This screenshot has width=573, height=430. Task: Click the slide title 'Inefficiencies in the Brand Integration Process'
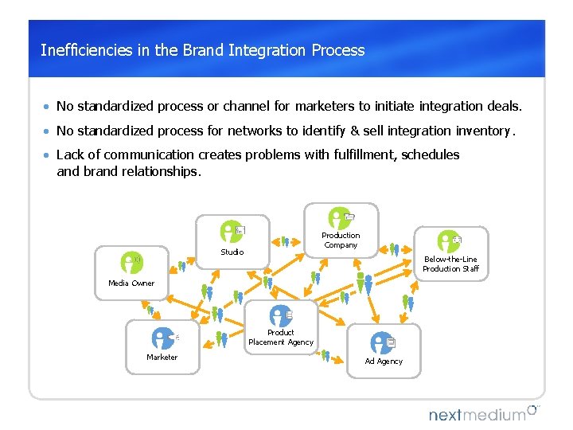[x=202, y=50]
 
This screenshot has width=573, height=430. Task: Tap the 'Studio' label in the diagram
[x=232, y=252]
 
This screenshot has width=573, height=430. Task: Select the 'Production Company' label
[x=341, y=240]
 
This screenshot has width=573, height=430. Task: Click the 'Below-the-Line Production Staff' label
[x=450, y=264]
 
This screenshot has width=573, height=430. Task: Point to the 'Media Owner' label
[x=131, y=283]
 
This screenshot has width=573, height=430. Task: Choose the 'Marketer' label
[x=162, y=358]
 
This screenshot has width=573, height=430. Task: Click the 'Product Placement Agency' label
[x=281, y=338]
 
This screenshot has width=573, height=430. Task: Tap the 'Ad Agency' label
[x=384, y=362]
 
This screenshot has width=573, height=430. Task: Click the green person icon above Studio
[x=231, y=231]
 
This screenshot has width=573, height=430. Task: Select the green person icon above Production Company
[x=340, y=217]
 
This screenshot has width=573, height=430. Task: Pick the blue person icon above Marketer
[x=162, y=338]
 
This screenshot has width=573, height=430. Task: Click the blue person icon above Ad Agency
[x=382, y=342]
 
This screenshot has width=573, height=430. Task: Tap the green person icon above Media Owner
[x=131, y=262]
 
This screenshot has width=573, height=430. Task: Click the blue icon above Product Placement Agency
[x=280, y=316]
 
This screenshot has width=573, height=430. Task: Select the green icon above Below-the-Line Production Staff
[x=448, y=241]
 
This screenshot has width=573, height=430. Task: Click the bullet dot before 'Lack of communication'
[x=48, y=155]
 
